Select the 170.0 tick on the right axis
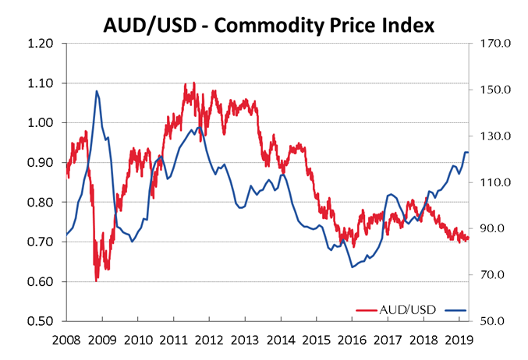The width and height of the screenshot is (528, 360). pos(494,44)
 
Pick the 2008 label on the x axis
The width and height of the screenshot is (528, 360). pos(66,341)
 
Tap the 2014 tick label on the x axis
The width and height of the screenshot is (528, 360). pos(278,341)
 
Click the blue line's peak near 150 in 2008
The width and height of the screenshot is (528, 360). pos(96,91)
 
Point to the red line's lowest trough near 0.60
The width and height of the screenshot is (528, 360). pos(96,280)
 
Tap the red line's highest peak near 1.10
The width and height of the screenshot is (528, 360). pos(193,82)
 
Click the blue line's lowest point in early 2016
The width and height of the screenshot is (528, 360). pos(352,267)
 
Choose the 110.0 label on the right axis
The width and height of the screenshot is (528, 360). pos(494,182)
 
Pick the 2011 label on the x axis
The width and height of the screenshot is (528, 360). pos(172,341)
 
